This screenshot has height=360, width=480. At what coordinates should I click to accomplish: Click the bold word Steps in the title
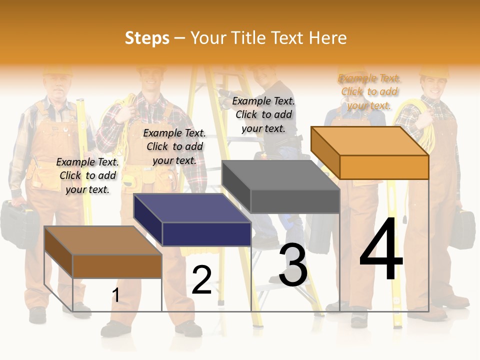click(x=147, y=38)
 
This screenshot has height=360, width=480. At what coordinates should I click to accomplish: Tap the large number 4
click(x=381, y=250)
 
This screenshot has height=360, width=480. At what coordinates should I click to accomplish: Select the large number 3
click(x=293, y=265)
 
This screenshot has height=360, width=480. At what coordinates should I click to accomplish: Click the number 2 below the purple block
click(x=201, y=280)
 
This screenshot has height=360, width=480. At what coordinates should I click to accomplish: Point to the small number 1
click(x=115, y=295)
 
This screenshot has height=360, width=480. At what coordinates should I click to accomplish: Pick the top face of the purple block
click(x=192, y=208)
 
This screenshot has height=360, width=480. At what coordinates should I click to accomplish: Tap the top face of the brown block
click(x=103, y=240)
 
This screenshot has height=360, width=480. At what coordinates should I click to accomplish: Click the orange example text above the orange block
click(x=369, y=91)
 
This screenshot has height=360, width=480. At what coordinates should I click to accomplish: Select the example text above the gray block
click(x=263, y=114)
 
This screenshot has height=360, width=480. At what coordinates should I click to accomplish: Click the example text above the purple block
click(x=174, y=146)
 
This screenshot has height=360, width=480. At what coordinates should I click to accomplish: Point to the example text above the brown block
click(x=87, y=175)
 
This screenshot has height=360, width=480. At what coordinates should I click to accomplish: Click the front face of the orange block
click(x=384, y=167)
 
